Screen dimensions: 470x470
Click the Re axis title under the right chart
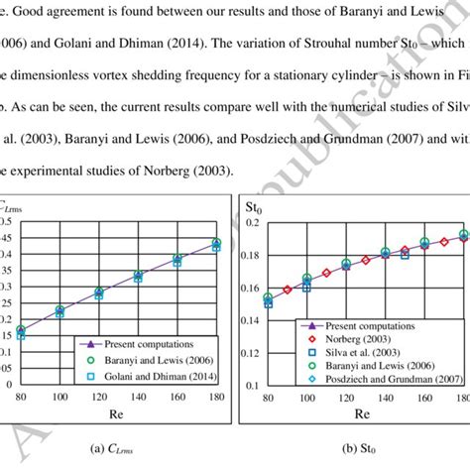tap(363, 413)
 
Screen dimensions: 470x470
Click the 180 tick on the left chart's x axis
tap(217, 398)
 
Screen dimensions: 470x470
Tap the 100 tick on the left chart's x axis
tap(59, 398)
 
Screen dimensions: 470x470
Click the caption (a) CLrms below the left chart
tap(117, 448)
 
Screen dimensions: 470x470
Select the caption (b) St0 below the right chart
tap(362, 448)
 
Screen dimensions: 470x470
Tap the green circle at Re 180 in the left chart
tap(217, 243)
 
